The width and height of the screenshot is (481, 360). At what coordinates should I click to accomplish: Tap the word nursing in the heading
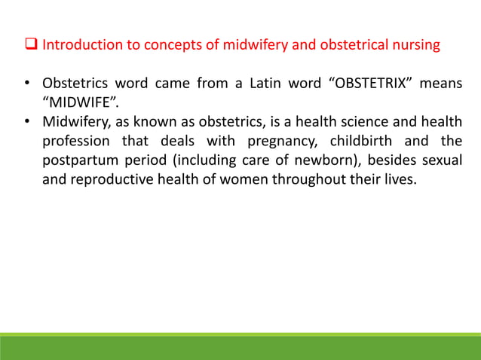[414, 46]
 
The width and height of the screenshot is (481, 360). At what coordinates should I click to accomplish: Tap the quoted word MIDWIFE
[77, 102]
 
